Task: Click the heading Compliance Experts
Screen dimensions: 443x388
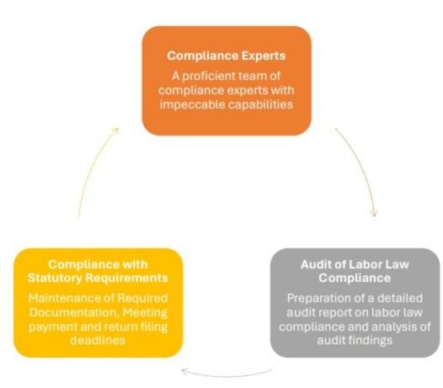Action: (x=226, y=56)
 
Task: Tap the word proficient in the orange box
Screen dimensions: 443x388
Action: (x=208, y=77)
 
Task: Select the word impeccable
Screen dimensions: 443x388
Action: (x=192, y=104)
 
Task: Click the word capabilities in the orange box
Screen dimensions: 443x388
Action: (x=260, y=104)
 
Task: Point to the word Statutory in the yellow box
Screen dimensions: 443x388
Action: (x=55, y=278)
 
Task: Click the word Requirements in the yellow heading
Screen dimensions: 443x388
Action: (x=127, y=278)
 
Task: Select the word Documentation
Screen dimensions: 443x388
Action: (x=74, y=312)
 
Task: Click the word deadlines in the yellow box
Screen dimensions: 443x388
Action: (x=98, y=340)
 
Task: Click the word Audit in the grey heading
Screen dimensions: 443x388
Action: (x=314, y=264)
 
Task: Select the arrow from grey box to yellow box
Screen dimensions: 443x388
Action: (x=226, y=376)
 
